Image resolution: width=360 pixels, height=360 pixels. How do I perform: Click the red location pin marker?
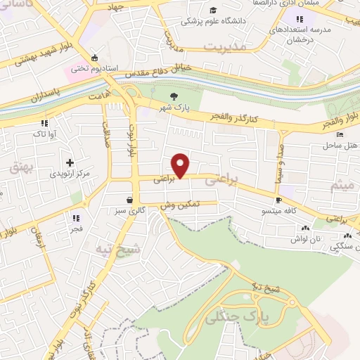coord(181,165)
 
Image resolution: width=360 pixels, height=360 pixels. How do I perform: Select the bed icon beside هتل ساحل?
coord(340,134)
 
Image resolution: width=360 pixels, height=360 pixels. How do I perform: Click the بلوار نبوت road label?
coord(128,141)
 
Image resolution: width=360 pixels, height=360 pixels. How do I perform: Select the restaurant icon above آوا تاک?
coord(44,122)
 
